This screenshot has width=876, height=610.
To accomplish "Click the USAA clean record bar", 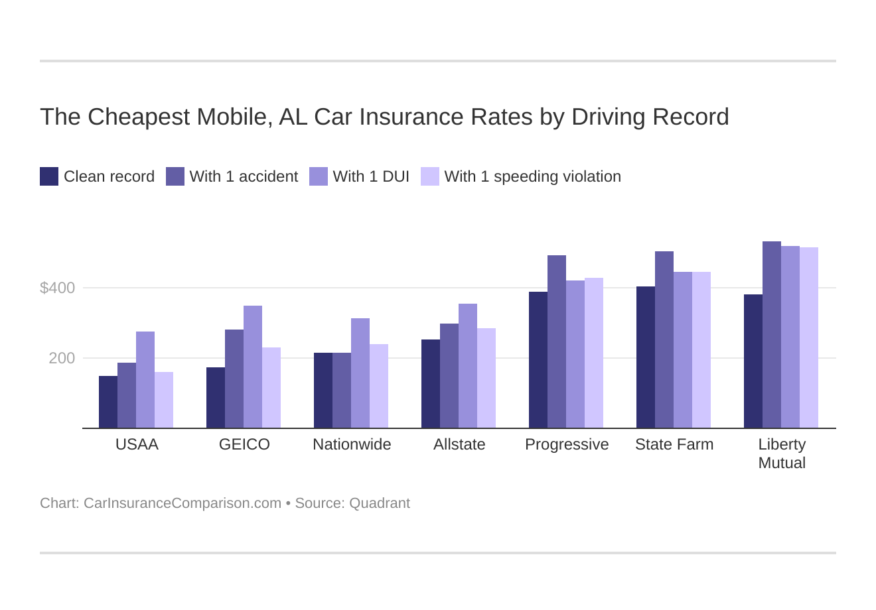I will (108, 402).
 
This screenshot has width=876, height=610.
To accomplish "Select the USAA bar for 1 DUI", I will (145, 380).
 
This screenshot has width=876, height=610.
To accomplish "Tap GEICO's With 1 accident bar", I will (234, 379).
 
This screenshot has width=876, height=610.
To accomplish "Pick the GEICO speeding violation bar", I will (271, 388).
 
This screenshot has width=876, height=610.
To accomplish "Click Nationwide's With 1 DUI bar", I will (360, 373).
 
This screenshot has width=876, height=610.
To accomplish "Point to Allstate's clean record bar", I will (431, 384).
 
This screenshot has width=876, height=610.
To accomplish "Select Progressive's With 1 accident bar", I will (557, 341).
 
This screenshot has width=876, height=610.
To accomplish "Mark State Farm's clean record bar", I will (646, 357).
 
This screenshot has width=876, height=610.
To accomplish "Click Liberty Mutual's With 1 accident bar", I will (772, 335).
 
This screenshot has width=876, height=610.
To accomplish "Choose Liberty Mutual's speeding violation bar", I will (809, 337).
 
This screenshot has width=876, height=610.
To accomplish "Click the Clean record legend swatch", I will (49, 176).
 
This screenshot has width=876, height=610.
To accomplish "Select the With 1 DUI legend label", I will (371, 176).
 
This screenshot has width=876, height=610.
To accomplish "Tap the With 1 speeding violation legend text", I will (532, 176).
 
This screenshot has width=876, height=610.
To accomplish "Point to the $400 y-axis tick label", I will (58, 288).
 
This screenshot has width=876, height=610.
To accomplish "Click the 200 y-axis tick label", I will (62, 358).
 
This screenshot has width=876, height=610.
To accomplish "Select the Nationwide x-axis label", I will (352, 444).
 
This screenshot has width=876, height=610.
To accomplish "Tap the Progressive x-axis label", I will (567, 444).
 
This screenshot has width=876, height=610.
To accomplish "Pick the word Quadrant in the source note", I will (380, 503).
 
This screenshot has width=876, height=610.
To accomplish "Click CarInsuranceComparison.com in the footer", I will (183, 503).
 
